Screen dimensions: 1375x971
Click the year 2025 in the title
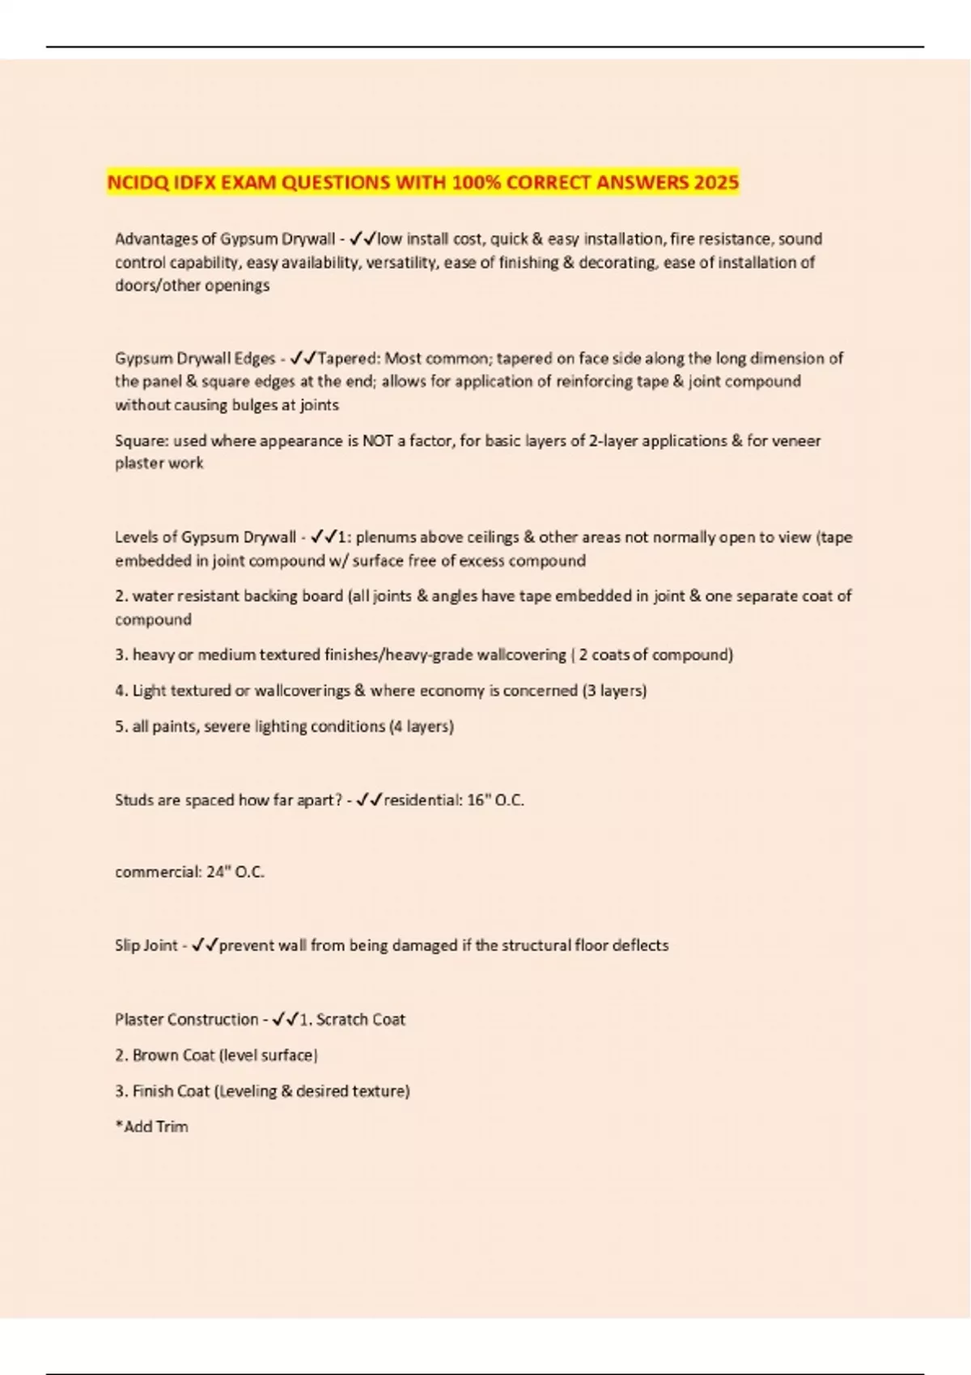[715, 182]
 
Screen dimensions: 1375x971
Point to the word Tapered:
[351, 358]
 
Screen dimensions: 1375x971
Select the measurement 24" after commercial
[218, 872]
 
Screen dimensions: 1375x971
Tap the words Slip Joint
[146, 946]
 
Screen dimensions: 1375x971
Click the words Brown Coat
[173, 1056]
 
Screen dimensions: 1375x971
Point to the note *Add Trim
[152, 1127]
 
